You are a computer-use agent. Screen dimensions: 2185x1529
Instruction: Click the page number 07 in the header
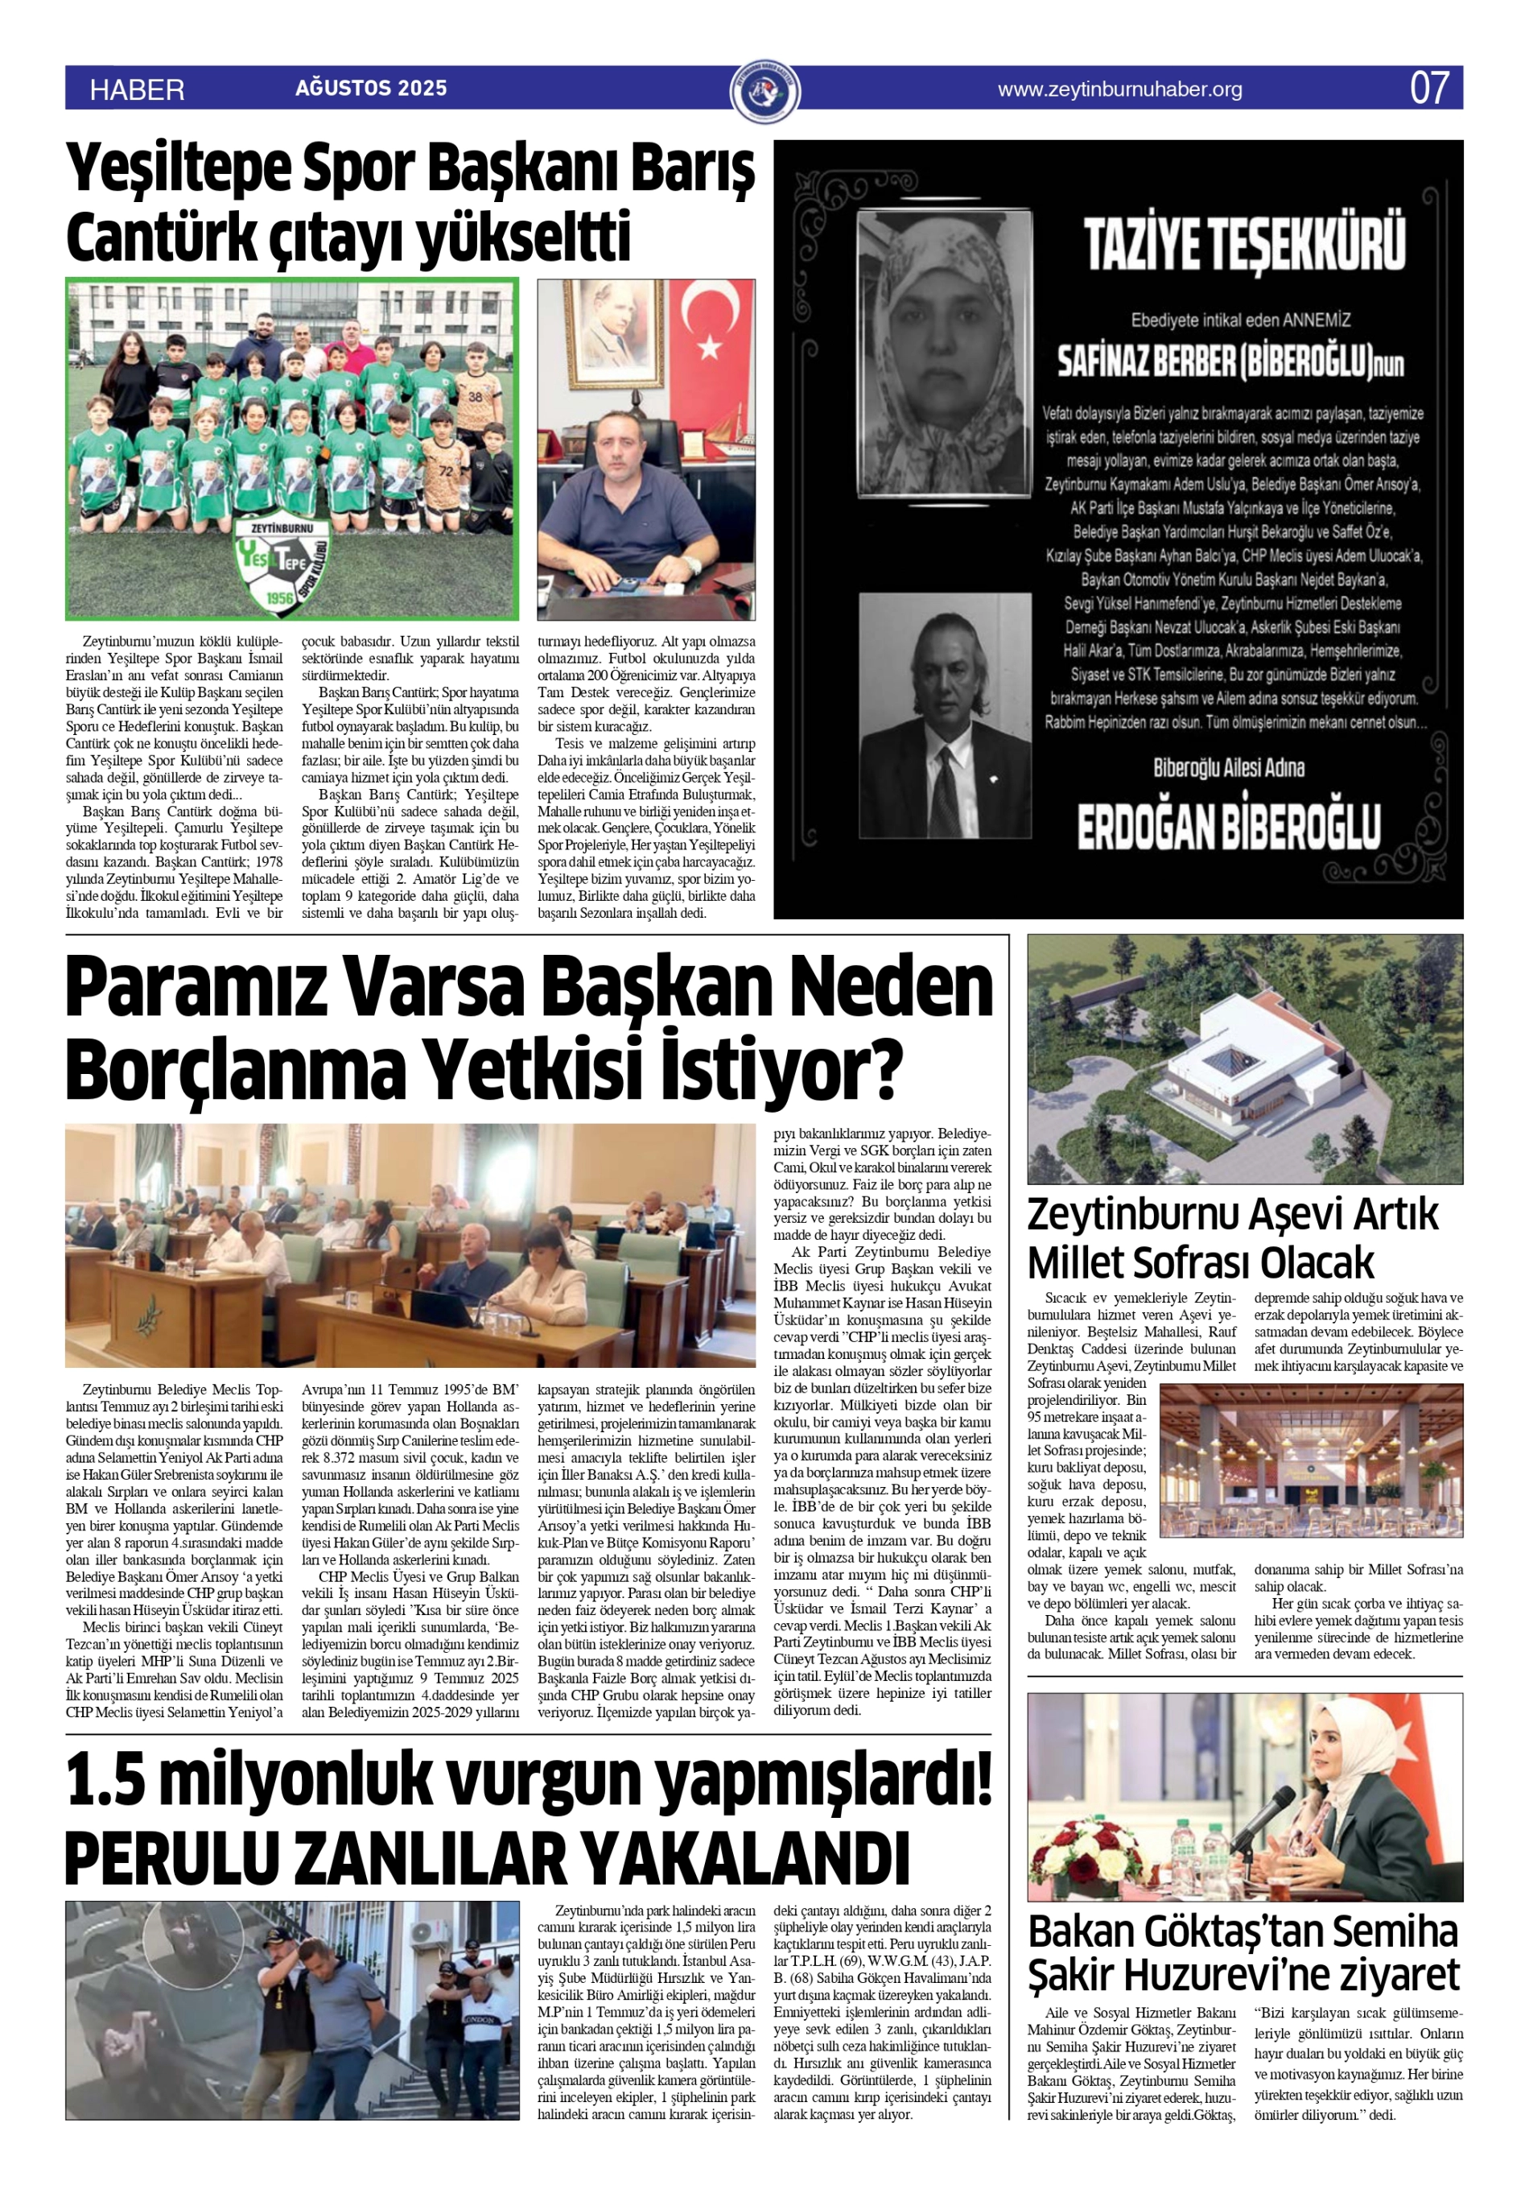(x=1428, y=89)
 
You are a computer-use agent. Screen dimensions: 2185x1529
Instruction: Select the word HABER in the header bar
(x=137, y=90)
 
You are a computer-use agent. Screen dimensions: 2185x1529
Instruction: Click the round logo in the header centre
(x=765, y=91)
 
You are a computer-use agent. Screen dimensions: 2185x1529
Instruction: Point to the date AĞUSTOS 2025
(x=371, y=89)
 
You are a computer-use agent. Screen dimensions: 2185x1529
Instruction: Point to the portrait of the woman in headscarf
(x=944, y=351)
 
